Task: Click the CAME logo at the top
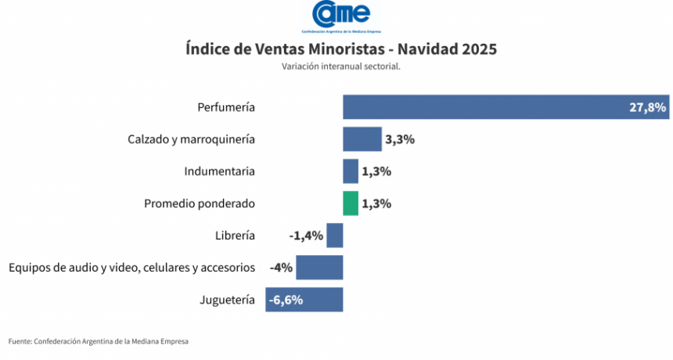click(340, 16)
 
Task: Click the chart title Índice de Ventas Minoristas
click(341, 49)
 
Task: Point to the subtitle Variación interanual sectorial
click(341, 67)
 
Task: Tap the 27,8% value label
click(647, 107)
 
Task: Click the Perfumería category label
click(226, 107)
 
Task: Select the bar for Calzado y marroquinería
click(362, 139)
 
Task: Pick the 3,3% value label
click(399, 139)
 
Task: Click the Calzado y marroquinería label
click(191, 139)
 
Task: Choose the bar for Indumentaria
click(350, 171)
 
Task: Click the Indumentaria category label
click(220, 171)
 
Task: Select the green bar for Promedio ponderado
click(350, 203)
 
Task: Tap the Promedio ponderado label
click(200, 203)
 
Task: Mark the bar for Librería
click(335, 236)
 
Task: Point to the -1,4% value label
click(306, 236)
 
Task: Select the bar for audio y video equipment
click(319, 268)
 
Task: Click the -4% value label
click(281, 268)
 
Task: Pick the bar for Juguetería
click(304, 300)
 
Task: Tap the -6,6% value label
click(286, 300)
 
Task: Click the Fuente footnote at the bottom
click(99, 341)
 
